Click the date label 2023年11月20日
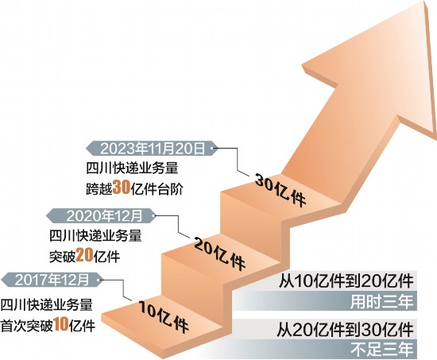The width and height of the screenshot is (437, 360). [x=153, y=149]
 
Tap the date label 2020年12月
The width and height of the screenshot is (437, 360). [x=105, y=215]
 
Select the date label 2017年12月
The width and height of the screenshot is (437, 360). [x=52, y=280]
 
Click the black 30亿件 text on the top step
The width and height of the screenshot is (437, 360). [x=280, y=189]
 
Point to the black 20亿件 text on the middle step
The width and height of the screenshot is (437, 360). [x=219, y=254]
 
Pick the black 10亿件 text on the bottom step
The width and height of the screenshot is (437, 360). [x=164, y=316]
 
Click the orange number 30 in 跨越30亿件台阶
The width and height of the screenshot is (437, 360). [x=121, y=187]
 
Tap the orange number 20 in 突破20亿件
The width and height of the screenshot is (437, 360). [x=84, y=254]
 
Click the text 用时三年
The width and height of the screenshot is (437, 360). [x=381, y=301]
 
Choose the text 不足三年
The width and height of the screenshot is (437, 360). [x=381, y=350]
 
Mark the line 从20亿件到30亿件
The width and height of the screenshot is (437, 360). [x=345, y=329]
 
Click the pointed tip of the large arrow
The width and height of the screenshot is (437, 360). [x=426, y=2]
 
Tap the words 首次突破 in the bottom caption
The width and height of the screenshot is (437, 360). [x=27, y=324]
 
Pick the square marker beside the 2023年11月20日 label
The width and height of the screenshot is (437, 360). [x=215, y=148]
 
